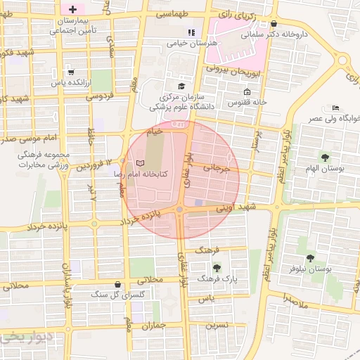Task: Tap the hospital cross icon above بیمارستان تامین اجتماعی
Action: click(72, 8)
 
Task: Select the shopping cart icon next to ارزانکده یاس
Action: click(70, 72)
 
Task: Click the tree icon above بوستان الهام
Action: click(324, 157)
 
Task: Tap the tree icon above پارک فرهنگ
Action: click(217, 267)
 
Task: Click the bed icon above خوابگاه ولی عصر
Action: click(336, 107)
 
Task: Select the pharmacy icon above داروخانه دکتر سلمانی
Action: click(274, 22)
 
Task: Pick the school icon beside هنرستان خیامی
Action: click(191, 32)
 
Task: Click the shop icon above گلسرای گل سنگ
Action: click(117, 285)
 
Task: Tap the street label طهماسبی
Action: click(171, 15)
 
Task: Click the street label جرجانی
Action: click(217, 168)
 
